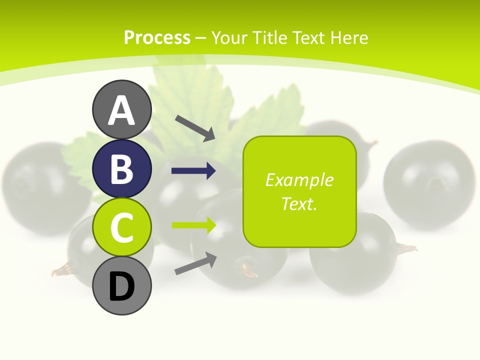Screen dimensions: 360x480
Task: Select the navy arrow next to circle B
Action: coord(193,171)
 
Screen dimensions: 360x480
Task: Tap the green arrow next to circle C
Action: coord(193,225)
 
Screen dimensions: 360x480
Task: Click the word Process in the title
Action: coord(157,38)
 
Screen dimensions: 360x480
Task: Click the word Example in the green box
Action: coord(299,180)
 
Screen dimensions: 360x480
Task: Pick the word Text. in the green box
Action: coord(299,203)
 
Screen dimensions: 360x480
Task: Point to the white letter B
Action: coord(122,169)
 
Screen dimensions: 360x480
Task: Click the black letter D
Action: coord(122,286)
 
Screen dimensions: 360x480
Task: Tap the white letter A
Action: coord(122,110)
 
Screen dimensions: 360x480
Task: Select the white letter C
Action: coord(122,227)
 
